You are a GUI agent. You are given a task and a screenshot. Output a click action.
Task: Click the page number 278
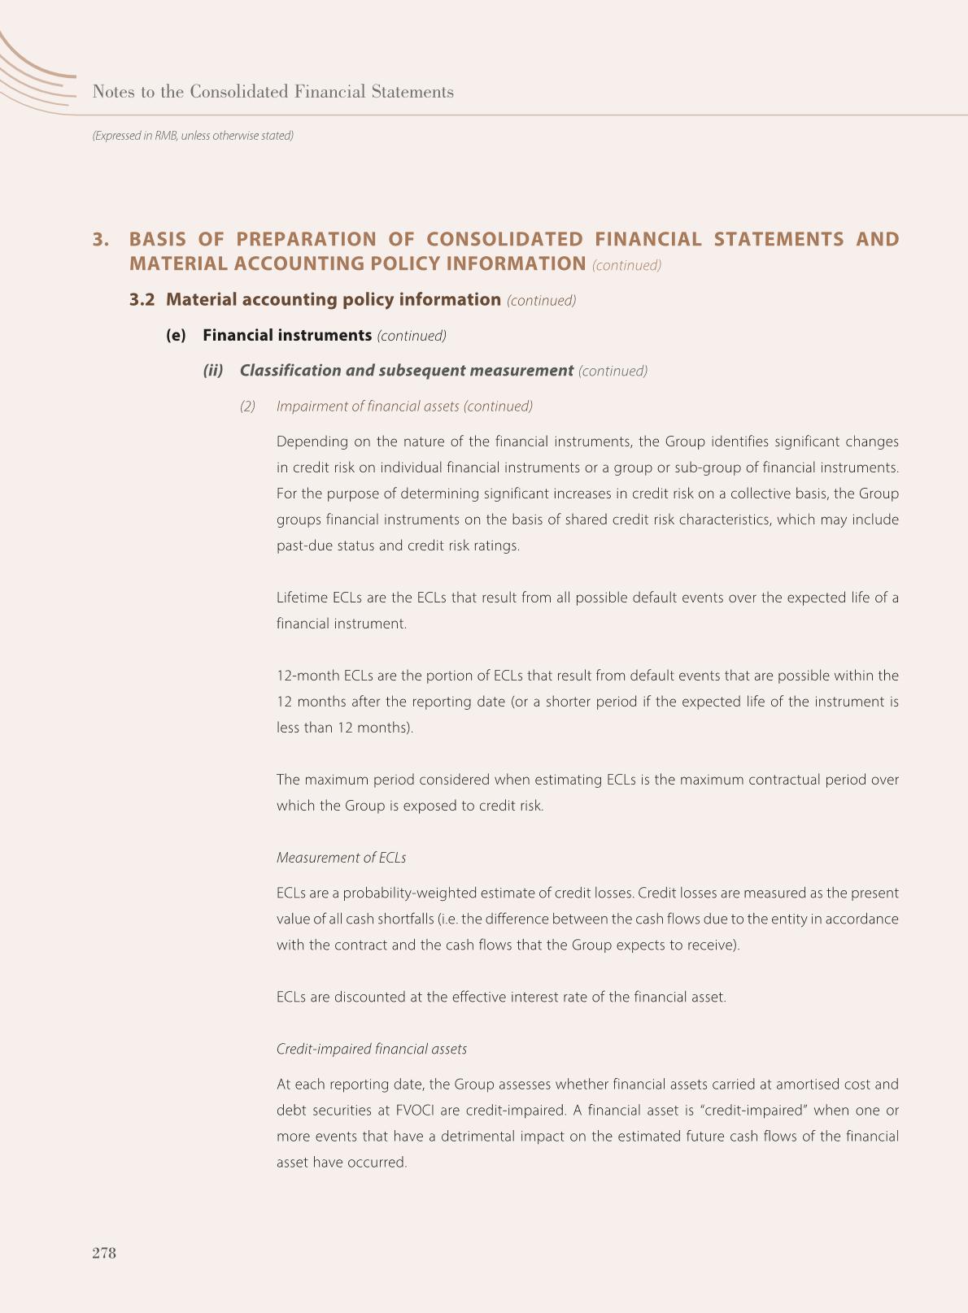coord(104,1253)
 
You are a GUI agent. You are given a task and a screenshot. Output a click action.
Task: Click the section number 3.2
coord(142,300)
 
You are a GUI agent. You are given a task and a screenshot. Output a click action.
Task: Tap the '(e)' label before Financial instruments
coord(176,336)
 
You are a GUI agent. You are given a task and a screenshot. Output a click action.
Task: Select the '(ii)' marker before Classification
coord(213,371)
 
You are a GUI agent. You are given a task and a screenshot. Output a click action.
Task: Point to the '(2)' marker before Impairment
coord(247,407)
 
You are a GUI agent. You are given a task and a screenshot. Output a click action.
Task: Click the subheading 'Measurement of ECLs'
coord(341,858)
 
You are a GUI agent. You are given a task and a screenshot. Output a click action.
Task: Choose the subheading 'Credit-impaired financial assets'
coord(371,1049)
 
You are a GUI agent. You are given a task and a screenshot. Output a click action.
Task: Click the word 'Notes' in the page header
coord(113,92)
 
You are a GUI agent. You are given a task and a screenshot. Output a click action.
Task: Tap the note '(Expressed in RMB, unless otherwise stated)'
coord(193,136)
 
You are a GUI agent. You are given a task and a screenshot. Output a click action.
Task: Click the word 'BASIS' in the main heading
coord(158,240)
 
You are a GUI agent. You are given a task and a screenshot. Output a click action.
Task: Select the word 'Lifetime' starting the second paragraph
coord(302,598)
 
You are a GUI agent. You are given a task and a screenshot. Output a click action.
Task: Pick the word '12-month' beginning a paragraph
coord(307,676)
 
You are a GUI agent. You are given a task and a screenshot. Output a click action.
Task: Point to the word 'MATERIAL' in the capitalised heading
coord(178,264)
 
